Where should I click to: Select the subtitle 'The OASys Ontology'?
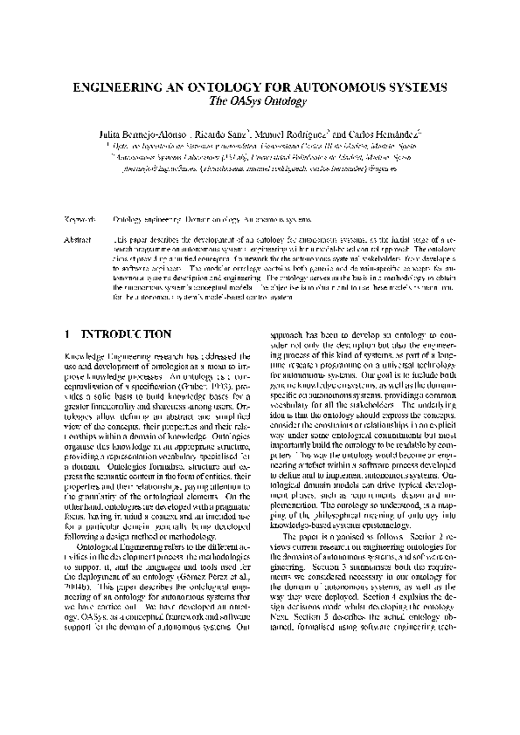click(260, 102)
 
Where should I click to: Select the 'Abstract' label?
click(80, 237)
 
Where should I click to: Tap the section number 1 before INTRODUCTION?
click(69, 333)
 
